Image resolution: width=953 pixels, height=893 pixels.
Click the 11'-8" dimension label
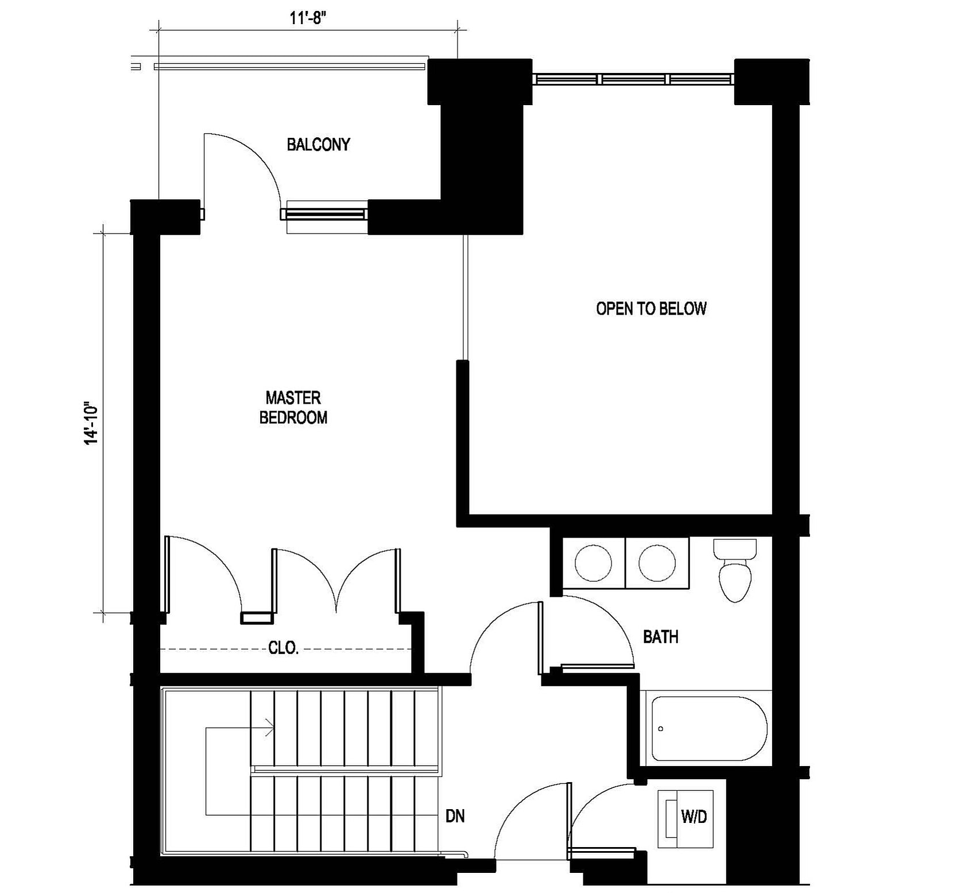308,18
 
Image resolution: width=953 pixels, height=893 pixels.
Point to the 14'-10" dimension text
92,423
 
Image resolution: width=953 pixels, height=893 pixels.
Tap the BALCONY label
318,144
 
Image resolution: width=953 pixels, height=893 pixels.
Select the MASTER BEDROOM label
293,408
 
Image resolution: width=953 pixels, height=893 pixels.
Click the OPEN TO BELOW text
651,309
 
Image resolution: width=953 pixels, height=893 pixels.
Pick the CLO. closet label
284,648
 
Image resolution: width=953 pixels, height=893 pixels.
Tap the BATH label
660,637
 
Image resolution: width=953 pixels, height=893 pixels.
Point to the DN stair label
455,816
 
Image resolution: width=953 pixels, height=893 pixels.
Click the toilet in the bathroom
735,570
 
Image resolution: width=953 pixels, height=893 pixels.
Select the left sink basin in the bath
594,563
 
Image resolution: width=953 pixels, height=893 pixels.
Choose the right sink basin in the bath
657,563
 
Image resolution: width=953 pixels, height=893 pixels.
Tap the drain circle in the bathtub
661,729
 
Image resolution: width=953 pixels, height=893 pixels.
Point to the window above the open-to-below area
633,79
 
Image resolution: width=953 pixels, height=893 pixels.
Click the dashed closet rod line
285,649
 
